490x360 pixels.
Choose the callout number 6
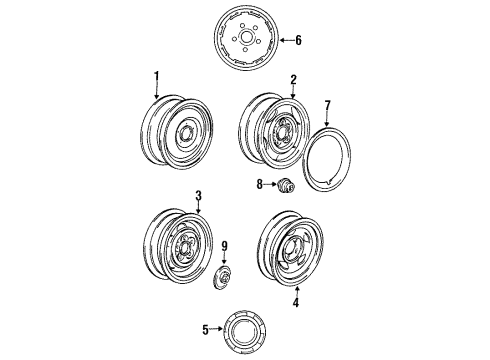(x=298, y=41)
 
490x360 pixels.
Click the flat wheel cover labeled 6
(x=244, y=41)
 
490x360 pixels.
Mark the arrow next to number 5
(x=221, y=328)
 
